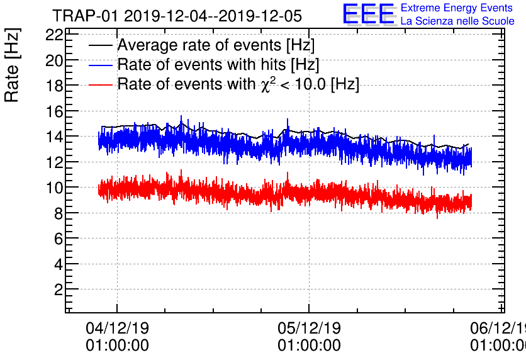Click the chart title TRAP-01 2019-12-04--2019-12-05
[x=177, y=15]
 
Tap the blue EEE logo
[x=369, y=14]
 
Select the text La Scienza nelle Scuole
[x=457, y=21]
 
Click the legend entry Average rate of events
[x=216, y=45]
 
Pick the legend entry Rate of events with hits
[x=218, y=64]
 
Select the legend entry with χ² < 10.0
[x=238, y=84]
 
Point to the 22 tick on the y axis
[x=54, y=35]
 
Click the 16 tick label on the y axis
[x=54, y=111]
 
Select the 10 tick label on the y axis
[x=54, y=188]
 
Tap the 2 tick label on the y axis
[x=58, y=290]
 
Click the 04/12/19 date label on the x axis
[x=117, y=329]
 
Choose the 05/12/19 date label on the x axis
[x=309, y=329]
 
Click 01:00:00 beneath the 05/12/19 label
[x=309, y=346]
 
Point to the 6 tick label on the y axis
[x=58, y=239]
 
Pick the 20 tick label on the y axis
[x=54, y=60]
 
